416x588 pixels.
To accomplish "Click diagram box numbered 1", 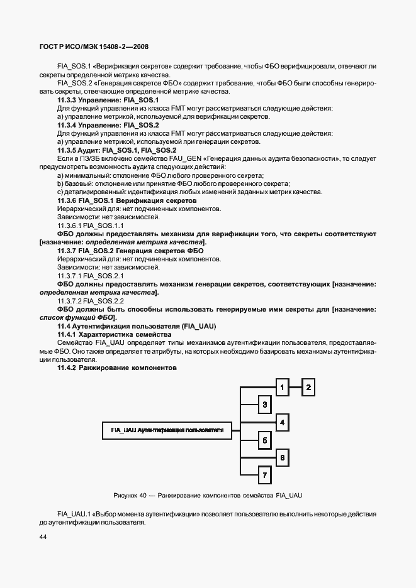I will click(283, 388).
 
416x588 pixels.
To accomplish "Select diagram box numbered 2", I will click(308, 388).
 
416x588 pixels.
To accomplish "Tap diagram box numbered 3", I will click(265, 405).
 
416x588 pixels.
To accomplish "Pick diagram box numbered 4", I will click(283, 423).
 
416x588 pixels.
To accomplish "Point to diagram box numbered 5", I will click(265, 441).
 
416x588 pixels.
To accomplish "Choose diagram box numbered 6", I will click(283, 457).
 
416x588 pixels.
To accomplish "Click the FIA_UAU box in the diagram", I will click(167, 430).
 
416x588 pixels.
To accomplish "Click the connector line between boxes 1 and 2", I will click(296, 388).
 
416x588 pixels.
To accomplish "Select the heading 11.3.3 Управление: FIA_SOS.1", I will click(108, 100).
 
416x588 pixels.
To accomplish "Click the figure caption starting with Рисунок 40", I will click(208, 496).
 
